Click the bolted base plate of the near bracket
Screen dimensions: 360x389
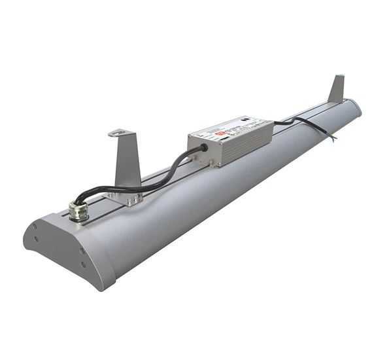click(126, 197)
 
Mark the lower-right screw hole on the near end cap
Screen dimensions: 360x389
click(83, 264)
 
